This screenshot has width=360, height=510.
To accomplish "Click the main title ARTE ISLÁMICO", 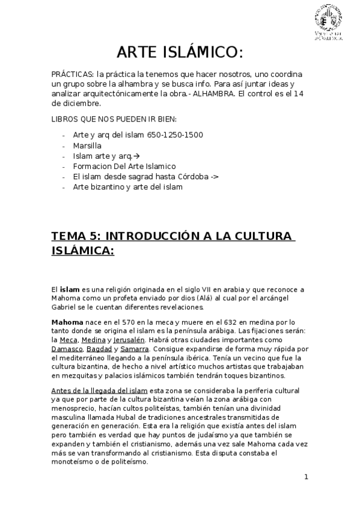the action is point(179,53).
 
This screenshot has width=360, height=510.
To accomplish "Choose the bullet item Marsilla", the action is point(87,145).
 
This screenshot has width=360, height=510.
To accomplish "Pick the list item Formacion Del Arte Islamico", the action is point(124,165).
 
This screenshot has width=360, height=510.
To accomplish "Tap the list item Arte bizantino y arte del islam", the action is point(127,186).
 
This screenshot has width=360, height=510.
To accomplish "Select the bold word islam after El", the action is point(70,290).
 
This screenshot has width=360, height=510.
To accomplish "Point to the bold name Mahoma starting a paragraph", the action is point(67,322).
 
